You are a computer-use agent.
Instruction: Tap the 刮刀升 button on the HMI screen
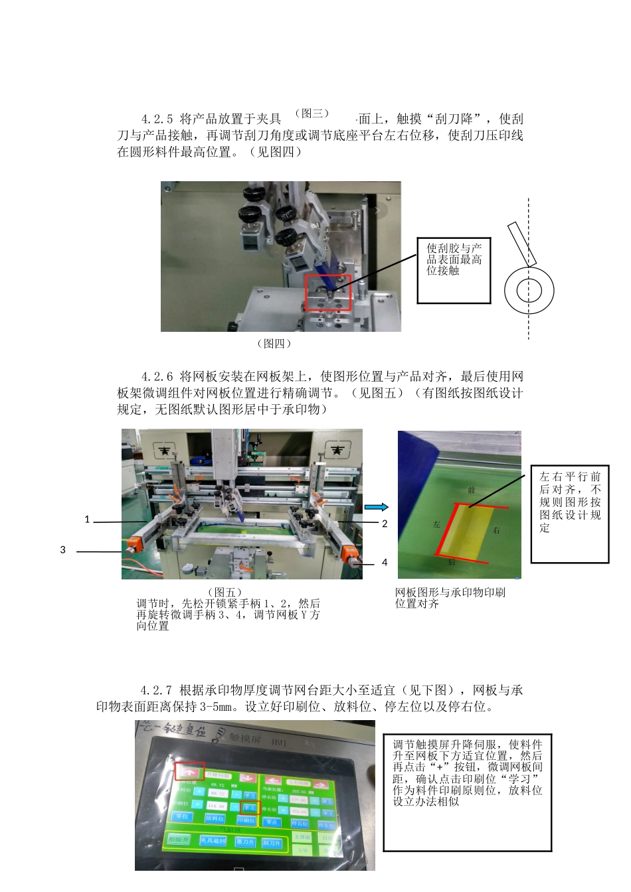click(x=272, y=843)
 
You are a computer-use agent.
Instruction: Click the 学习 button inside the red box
click(x=249, y=808)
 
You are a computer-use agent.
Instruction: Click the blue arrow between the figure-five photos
click(x=377, y=507)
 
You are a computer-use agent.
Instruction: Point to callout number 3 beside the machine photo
click(x=63, y=550)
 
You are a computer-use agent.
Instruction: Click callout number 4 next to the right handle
click(x=384, y=563)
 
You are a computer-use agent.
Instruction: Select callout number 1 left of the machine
click(x=87, y=520)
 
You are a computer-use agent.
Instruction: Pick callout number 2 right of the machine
click(x=384, y=524)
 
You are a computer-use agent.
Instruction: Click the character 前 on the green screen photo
click(x=471, y=490)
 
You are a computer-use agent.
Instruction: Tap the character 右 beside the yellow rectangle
click(x=497, y=530)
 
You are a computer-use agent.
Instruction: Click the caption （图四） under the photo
click(x=274, y=344)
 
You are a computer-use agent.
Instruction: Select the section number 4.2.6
click(x=157, y=376)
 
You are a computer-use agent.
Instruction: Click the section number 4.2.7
click(x=157, y=690)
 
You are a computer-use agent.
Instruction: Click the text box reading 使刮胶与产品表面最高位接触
click(x=454, y=260)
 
